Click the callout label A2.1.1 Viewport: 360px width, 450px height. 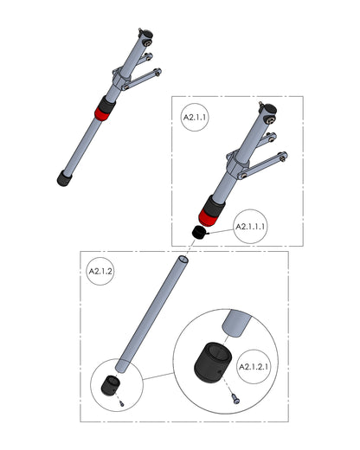pos(195,118)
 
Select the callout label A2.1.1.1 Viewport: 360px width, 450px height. pos(250,227)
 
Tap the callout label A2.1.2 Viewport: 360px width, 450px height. pos(100,271)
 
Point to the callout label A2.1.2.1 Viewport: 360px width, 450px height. pos(254,367)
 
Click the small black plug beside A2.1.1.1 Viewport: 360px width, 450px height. pos(199,233)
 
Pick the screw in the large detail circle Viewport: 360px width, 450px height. pos(236,399)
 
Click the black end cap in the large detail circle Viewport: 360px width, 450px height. pos(213,363)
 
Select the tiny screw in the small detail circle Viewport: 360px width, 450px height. pos(122,404)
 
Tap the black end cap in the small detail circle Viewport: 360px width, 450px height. pos(110,386)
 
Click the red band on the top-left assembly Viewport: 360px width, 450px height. pos(102,114)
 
